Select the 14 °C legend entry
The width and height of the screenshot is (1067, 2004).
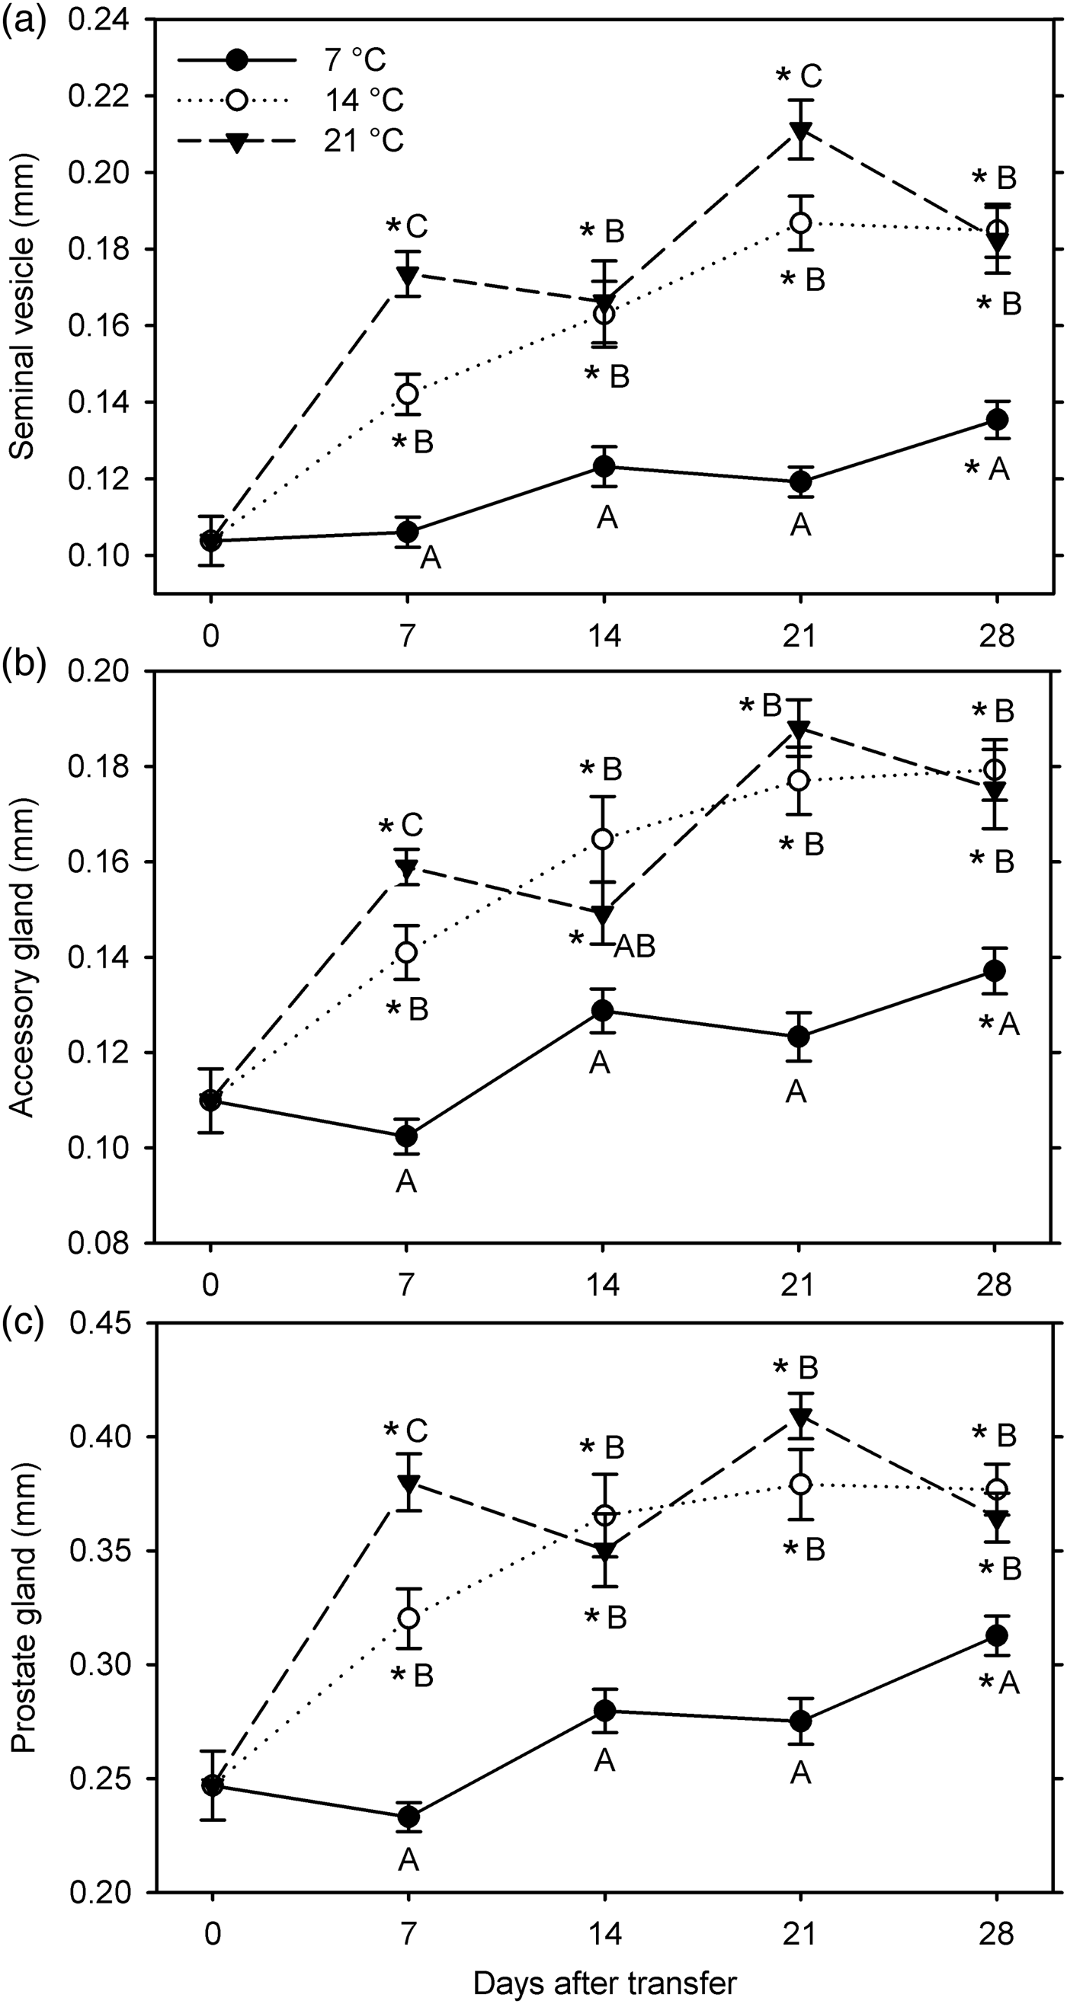[364, 101]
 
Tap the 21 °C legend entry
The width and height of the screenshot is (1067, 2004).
[364, 141]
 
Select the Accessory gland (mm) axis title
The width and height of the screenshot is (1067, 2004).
[24, 957]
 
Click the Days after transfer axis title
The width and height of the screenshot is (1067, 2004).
[604, 1980]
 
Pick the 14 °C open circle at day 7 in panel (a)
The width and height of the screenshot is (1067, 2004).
[407, 394]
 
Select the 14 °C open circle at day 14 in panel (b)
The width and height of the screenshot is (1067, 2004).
[603, 839]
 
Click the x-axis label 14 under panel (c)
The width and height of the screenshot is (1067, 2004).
[604, 1928]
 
